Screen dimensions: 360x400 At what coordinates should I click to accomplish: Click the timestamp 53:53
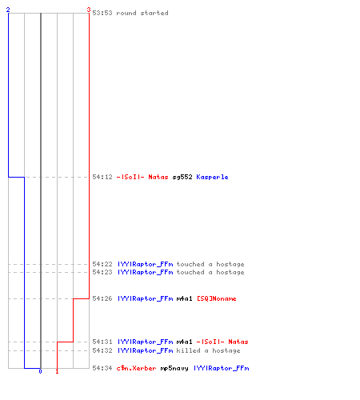102,13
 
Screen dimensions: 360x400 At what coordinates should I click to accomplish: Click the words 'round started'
142,13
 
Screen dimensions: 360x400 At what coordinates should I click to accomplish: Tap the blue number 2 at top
8,10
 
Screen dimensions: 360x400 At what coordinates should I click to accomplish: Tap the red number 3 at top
89,10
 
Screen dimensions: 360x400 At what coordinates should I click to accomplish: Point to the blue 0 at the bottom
40,371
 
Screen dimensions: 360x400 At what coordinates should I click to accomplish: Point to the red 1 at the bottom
57,371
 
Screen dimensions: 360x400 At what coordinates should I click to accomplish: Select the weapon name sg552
182,177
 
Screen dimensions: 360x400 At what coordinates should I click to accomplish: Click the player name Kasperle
212,177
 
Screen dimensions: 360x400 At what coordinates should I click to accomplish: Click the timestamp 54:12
102,177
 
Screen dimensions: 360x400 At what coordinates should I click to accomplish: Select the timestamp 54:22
102,264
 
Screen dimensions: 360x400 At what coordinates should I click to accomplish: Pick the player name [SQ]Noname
217,298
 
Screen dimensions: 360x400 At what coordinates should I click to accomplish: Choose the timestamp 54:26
102,298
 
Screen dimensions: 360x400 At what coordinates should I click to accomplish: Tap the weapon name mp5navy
174,368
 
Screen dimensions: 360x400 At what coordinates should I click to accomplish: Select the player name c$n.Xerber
136,368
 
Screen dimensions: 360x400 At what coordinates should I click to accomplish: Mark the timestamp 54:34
102,368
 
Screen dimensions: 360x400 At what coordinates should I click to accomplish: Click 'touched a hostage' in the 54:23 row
210,272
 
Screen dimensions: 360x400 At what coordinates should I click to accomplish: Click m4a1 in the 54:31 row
184,342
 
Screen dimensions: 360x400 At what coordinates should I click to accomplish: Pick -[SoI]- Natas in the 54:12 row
142,177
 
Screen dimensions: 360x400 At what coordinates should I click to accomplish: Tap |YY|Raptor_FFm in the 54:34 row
222,368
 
